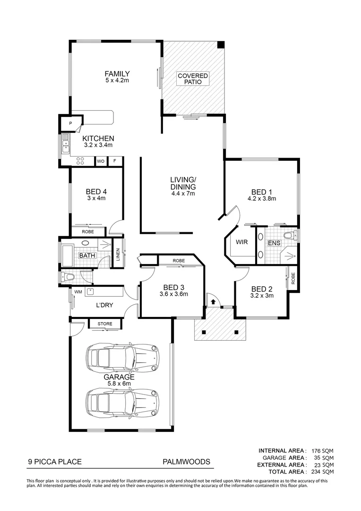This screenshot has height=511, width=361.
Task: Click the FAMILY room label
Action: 117,74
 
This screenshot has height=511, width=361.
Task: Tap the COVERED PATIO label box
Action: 193,79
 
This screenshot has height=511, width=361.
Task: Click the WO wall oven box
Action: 101,161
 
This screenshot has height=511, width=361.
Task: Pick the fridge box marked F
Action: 114,161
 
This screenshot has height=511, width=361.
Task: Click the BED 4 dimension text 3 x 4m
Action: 96,198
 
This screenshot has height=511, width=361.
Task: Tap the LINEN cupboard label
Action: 118,255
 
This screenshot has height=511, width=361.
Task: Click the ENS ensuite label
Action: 274,243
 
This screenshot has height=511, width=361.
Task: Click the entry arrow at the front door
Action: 213,300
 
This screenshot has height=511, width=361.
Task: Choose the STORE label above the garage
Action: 105,324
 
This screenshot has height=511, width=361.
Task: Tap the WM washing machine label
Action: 78,292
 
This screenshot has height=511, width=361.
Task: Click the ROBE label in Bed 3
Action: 179,261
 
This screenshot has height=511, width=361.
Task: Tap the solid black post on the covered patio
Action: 221,45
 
